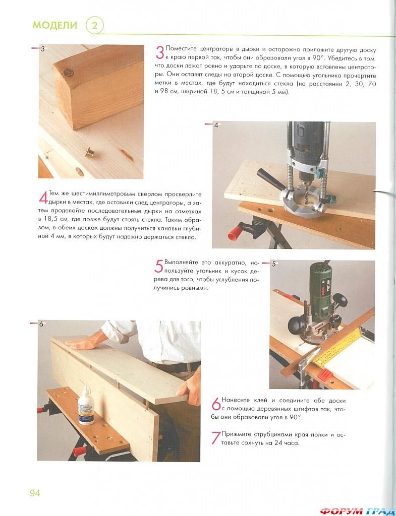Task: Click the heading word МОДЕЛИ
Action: (54, 25)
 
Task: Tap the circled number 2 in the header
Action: (94, 26)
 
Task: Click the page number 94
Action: (35, 493)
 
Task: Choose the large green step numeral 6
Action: (216, 404)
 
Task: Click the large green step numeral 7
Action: (216, 437)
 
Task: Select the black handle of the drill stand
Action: (270, 178)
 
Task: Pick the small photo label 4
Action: (216, 125)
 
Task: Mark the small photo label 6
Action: (41, 324)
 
